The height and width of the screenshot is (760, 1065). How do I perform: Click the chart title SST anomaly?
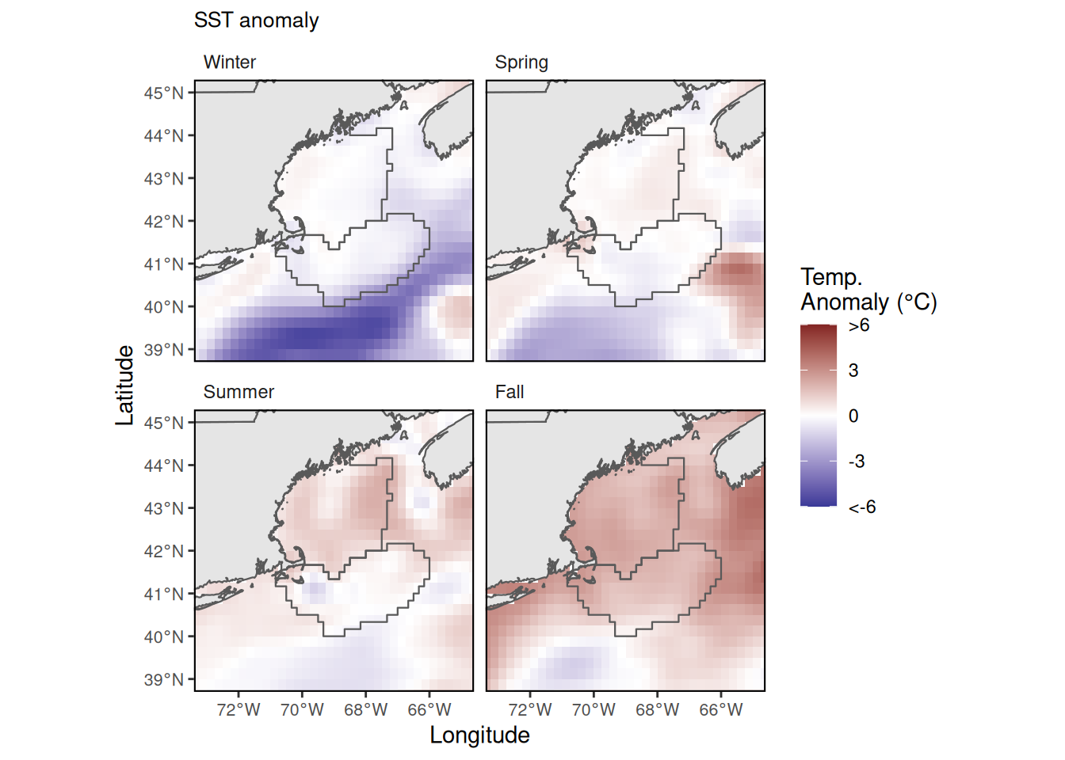256,21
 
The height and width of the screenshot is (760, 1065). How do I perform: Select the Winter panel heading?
230,63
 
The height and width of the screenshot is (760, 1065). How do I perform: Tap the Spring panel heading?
521,63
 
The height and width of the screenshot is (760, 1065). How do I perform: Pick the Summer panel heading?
239,393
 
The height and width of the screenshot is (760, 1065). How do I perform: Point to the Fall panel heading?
510,393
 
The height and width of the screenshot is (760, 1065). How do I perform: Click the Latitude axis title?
125,386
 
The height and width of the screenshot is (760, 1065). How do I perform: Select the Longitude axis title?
479,735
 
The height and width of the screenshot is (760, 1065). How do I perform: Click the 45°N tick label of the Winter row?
163,93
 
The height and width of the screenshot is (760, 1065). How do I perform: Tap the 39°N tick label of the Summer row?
163,680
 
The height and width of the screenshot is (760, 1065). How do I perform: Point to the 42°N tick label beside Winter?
163,222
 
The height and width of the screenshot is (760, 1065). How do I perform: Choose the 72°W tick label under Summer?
239,710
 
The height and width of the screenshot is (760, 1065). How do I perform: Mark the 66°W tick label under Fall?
721,710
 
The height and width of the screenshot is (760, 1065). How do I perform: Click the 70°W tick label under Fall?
594,710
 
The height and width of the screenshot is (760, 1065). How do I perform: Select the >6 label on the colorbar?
859,326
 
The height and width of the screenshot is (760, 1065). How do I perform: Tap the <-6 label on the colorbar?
862,507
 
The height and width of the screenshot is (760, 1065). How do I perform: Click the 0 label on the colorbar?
853,416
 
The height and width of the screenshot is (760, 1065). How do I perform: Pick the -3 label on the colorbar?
857,462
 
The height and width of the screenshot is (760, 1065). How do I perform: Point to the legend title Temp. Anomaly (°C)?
868,290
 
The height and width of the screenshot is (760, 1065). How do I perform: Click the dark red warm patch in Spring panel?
738,271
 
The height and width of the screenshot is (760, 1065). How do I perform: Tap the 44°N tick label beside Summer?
163,466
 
